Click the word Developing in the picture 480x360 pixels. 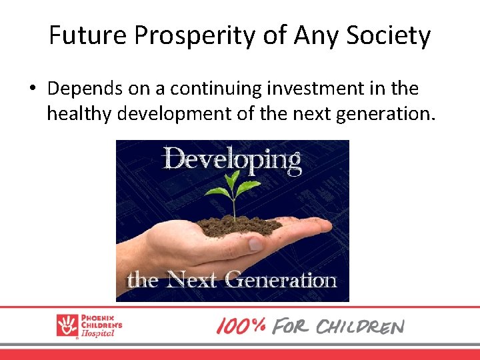232,160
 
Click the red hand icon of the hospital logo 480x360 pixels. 67,325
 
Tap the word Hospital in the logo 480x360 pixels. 99,333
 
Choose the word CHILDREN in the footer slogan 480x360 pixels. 359,327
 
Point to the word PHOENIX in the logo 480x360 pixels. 99,317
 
